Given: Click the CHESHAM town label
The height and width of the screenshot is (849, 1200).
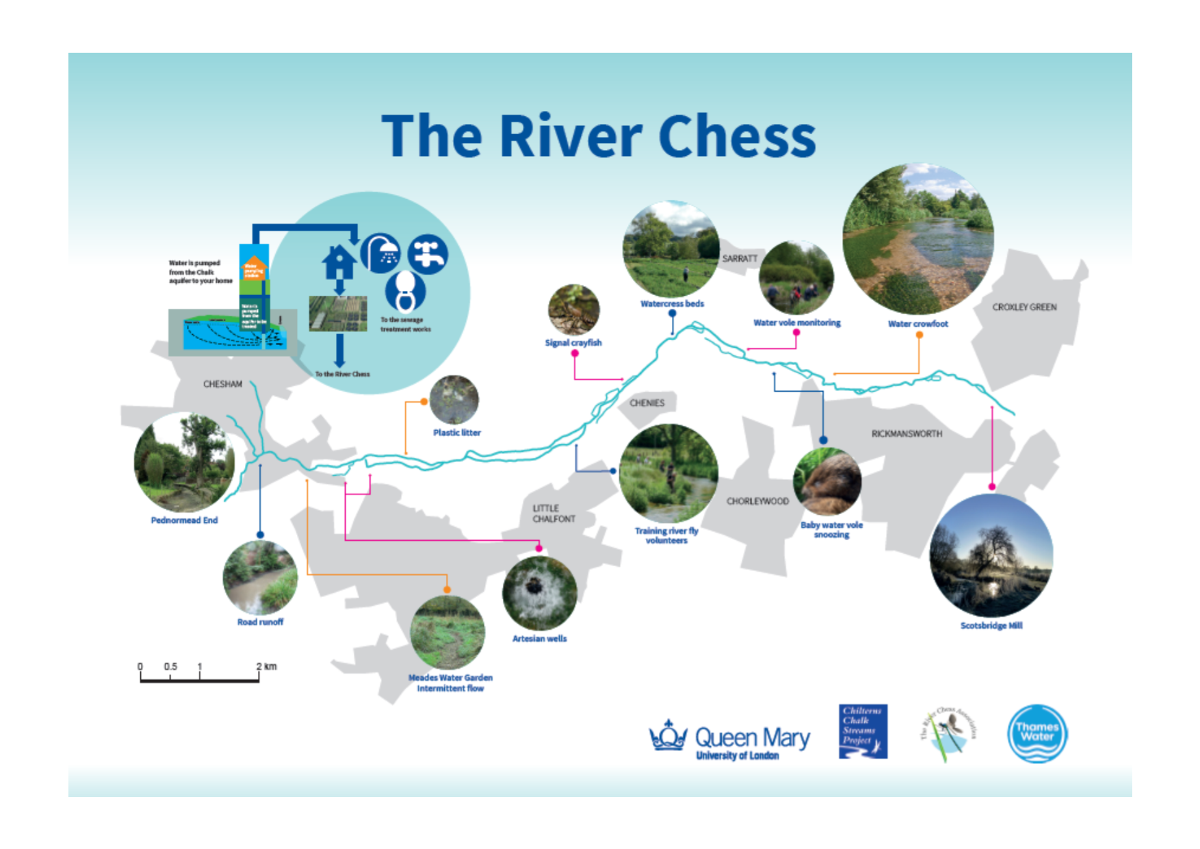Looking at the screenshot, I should click(x=222, y=384).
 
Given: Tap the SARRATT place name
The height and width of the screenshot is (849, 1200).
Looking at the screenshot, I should click(x=740, y=259).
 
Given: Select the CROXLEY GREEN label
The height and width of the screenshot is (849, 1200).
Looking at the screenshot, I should click(x=1024, y=307).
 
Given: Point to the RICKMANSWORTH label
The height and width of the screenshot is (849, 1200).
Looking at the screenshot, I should click(x=906, y=434).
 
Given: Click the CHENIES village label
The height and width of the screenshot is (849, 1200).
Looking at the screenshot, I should click(x=647, y=403).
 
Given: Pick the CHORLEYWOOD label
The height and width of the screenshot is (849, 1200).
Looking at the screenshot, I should click(x=757, y=501).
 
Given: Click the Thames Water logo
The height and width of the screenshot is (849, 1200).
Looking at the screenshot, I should click(x=1037, y=733).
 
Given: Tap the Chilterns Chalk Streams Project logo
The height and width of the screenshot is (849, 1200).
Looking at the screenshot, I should click(x=863, y=732).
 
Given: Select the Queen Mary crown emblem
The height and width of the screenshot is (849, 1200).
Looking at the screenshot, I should click(x=668, y=736).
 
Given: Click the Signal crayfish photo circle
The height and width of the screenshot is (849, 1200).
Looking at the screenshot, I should click(x=573, y=309).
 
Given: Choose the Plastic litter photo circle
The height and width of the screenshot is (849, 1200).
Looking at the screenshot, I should click(x=454, y=400).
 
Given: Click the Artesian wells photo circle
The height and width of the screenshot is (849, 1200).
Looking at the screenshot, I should click(x=539, y=593).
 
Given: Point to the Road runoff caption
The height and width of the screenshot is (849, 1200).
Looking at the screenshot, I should click(x=260, y=622).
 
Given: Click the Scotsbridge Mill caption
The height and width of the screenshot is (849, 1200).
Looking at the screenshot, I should click(x=991, y=626).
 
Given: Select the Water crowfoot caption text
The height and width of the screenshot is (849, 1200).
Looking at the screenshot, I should click(x=917, y=324).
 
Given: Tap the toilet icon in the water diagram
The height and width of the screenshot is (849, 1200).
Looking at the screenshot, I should click(x=405, y=291).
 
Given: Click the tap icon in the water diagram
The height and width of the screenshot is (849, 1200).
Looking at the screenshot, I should click(x=428, y=254).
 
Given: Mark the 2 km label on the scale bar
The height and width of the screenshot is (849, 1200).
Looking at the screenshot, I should click(x=266, y=666).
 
